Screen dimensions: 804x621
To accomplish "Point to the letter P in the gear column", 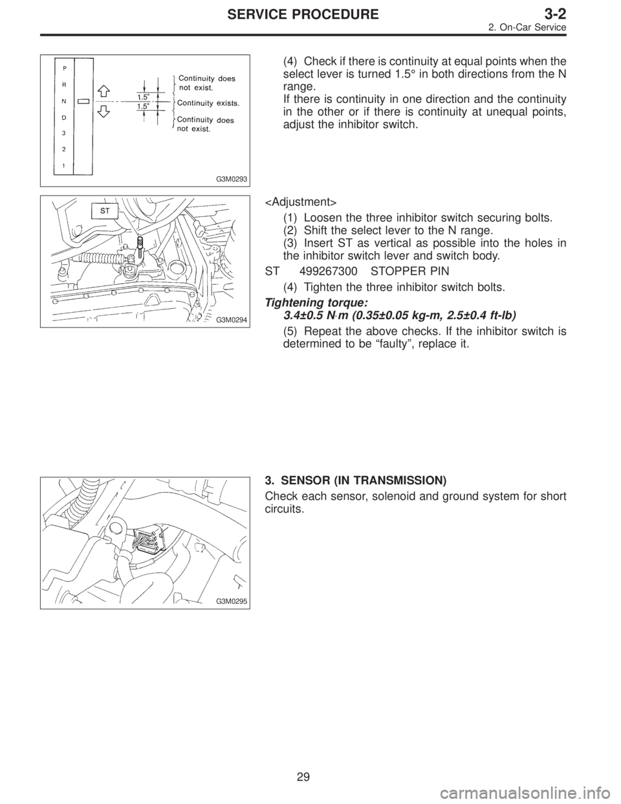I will click(63, 67).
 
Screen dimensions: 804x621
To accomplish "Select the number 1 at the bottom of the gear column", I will click(63, 165).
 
